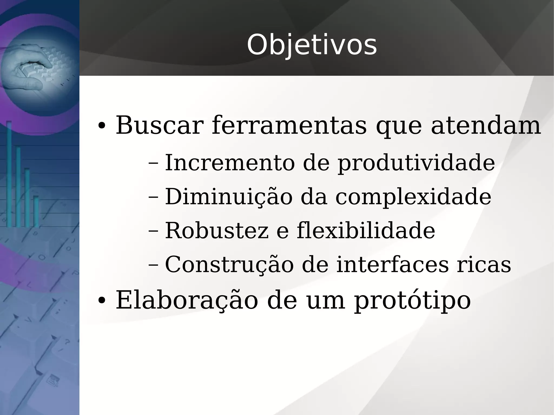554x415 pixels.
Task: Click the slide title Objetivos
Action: [x=312, y=45]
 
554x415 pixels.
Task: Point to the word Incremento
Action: [x=229, y=163]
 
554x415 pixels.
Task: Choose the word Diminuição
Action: [x=229, y=197]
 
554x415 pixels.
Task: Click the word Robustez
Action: [x=217, y=231]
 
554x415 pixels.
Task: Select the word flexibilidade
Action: [x=366, y=231]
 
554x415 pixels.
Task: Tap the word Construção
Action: [x=229, y=264]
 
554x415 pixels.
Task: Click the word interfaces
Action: [x=393, y=264]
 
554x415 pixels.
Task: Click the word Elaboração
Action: [x=187, y=300]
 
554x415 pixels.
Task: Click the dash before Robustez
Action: [x=153, y=231]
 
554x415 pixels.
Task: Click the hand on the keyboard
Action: [x=30, y=68]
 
